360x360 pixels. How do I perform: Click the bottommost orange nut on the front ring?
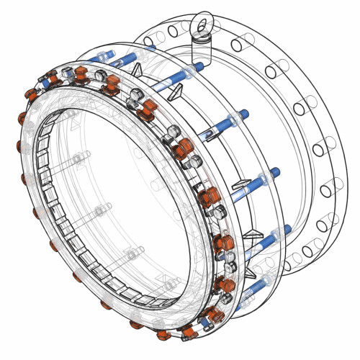[189, 332]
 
